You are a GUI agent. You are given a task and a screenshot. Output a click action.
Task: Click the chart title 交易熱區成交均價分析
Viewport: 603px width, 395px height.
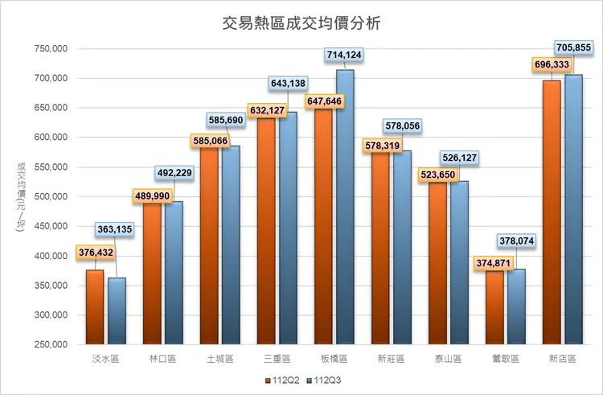pos(301,23)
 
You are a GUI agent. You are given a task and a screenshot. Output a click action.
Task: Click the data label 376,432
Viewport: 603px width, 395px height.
pos(96,253)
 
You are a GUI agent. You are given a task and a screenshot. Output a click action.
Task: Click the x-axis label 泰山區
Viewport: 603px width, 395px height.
pos(449,359)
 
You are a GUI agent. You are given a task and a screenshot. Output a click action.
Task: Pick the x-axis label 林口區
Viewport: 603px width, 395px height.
pos(163,359)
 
